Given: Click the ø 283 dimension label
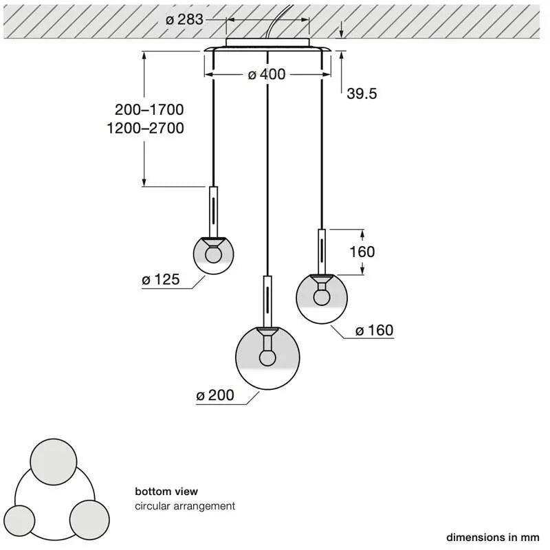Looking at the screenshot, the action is pyautogui.click(x=184, y=20).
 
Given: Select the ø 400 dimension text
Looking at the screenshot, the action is pyautogui.click(x=267, y=74).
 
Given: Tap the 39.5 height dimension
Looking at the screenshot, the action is pyautogui.click(x=362, y=93).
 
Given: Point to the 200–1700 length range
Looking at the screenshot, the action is pyautogui.click(x=149, y=110).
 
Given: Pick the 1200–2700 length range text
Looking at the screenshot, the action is pyautogui.click(x=145, y=128).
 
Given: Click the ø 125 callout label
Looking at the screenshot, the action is pyautogui.click(x=161, y=280).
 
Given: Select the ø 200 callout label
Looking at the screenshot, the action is pyautogui.click(x=215, y=395).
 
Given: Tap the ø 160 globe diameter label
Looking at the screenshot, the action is pyautogui.click(x=374, y=331).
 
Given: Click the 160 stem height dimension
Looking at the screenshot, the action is pyautogui.click(x=362, y=252).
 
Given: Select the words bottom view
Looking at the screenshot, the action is pyautogui.click(x=166, y=492).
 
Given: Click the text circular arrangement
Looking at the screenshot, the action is pyautogui.click(x=185, y=506).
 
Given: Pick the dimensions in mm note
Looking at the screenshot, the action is pyautogui.click(x=492, y=538).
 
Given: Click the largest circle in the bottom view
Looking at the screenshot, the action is pyautogui.click(x=54, y=462).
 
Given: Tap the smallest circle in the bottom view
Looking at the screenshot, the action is pyautogui.click(x=19, y=520).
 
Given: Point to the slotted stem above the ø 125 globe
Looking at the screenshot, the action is pyautogui.click(x=213, y=212).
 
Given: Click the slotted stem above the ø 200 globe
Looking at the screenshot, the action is pyautogui.click(x=267, y=302).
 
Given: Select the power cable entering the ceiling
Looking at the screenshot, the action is pyautogui.click(x=279, y=21).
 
